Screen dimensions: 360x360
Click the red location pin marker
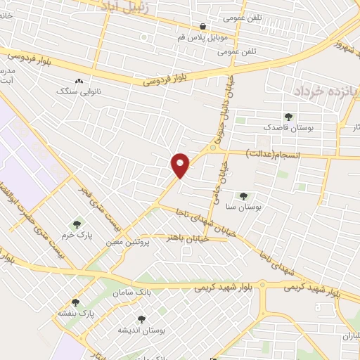(x=181, y=164)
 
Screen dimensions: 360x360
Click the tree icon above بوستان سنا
(x=243, y=196)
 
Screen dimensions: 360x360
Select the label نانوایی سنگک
(x=78, y=91)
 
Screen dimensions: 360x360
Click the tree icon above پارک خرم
(x=78, y=224)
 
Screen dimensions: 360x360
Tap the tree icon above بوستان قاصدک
(x=287, y=117)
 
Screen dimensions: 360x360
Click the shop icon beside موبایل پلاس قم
(x=203, y=26)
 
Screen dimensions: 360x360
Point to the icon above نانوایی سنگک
(x=78, y=82)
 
